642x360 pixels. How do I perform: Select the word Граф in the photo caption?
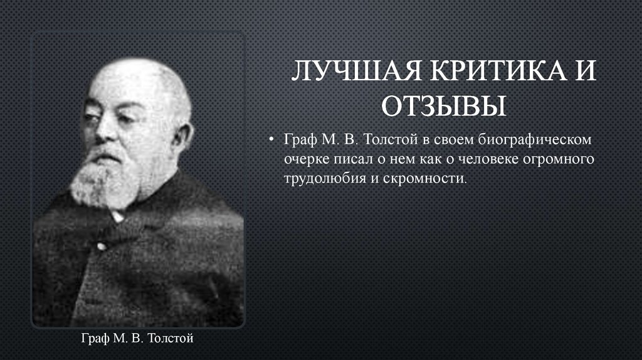click(x=96, y=339)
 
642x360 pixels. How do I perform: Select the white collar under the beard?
click(x=117, y=216)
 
